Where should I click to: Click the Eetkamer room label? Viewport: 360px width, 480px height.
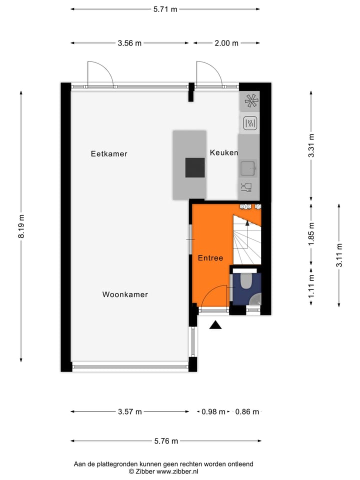[x=109, y=154]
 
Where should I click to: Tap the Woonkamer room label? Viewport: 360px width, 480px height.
[x=125, y=294]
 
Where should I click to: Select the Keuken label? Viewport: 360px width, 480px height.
[x=223, y=152]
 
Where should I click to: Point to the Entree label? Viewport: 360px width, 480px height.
[x=210, y=258]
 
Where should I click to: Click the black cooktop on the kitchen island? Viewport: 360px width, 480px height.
[x=195, y=167]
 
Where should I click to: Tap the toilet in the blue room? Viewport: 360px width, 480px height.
[x=245, y=281]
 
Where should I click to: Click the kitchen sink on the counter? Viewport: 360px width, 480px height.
[x=248, y=168]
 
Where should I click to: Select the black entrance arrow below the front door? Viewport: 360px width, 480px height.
[x=215, y=325]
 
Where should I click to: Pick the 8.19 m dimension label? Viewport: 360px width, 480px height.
[x=21, y=227]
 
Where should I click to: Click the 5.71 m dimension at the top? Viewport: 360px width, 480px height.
[x=165, y=9]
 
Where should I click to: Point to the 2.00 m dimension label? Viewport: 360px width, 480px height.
[x=226, y=43]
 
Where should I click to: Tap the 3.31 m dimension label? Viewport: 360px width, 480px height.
[x=311, y=145]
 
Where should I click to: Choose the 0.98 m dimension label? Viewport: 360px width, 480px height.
[x=213, y=412]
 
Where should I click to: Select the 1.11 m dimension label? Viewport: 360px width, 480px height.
[x=311, y=289]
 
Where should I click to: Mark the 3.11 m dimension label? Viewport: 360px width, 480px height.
[x=339, y=255]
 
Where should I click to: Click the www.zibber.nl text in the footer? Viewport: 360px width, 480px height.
[x=177, y=471]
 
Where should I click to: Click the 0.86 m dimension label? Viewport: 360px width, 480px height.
[x=247, y=412]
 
